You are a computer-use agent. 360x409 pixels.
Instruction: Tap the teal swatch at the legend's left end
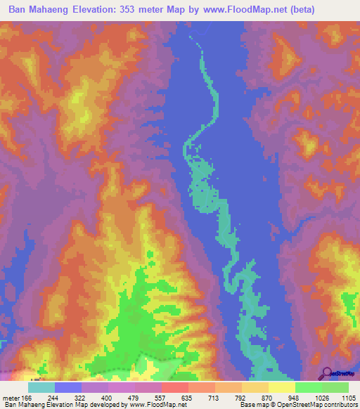pos(41,387)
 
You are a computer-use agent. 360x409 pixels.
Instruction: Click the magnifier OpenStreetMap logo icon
pos(327,372)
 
